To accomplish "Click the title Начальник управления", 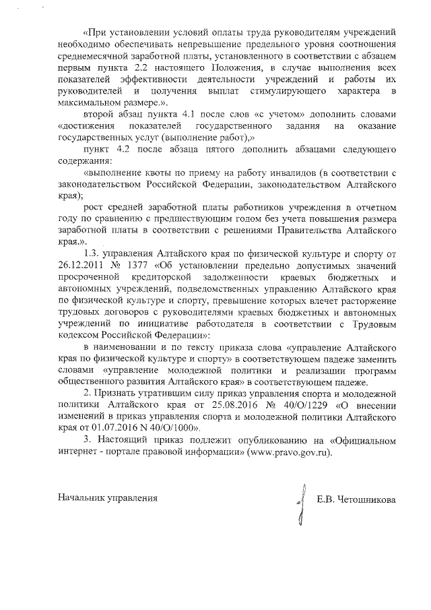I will [108, 499].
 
